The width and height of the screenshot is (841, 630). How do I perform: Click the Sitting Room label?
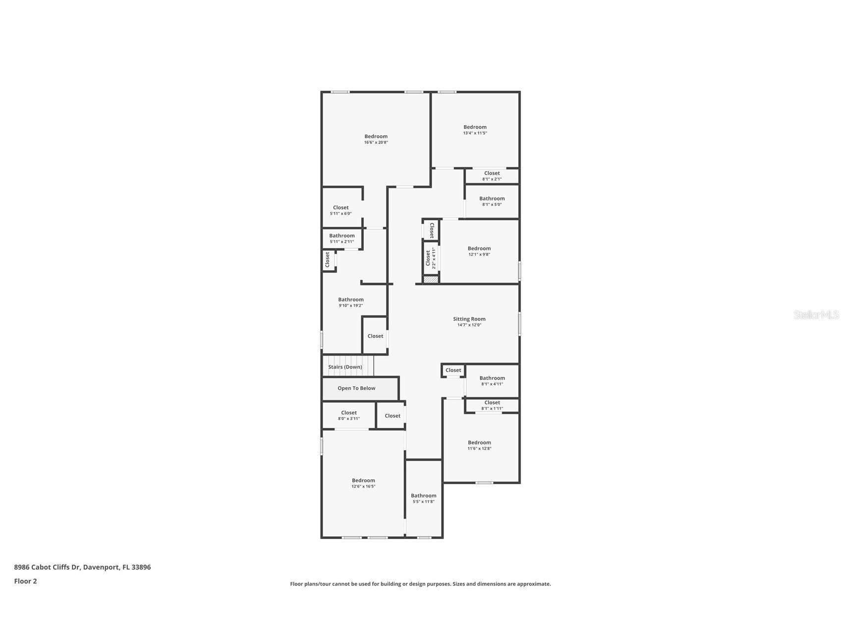469,319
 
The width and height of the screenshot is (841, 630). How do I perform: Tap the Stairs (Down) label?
345,367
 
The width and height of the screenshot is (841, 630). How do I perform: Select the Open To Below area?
360,388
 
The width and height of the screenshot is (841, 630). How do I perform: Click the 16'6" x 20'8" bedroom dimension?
376,143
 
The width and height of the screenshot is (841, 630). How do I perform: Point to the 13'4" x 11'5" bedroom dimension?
475,133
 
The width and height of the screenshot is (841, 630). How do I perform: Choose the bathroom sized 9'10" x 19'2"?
351,302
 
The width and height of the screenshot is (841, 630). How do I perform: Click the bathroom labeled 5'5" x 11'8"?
424,498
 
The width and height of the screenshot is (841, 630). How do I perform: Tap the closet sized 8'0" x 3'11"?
349,415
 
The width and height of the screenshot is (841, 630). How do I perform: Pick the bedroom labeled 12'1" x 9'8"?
479,251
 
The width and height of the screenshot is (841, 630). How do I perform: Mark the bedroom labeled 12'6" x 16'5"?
363,483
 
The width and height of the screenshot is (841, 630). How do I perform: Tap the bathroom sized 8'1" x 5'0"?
492,201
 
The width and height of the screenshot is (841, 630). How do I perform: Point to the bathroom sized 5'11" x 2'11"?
342,238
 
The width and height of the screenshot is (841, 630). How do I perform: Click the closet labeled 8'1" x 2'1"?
492,176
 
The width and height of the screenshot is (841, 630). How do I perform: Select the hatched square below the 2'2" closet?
431,280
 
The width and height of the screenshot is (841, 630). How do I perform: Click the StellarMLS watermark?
816,315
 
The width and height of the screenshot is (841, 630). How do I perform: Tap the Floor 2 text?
25,581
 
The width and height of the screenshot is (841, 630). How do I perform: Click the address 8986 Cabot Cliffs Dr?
47,567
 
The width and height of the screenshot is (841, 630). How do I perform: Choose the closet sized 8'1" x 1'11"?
492,406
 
